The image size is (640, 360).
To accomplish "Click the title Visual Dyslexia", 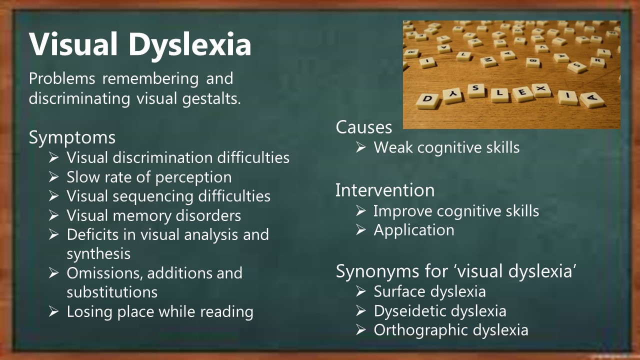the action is coord(140,45).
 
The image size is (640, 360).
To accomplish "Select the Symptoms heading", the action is coord(72,137).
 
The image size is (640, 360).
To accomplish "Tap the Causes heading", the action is coord(363,127).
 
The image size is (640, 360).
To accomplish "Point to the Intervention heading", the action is coord(385,190).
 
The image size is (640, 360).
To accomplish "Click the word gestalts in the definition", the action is coord(211,99).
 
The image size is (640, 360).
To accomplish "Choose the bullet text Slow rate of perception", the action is coord(149,177).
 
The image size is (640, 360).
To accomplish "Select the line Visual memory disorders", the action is coord(153,215).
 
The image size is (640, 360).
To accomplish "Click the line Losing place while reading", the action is coord(160,311).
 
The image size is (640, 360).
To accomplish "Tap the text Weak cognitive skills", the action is coord(446,147).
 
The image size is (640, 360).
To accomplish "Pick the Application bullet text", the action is coord(414,230).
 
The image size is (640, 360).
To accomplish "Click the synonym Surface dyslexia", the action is coord(429,291).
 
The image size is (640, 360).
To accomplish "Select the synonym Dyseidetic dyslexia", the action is coord(440,311).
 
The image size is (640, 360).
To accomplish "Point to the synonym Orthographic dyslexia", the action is coord(451,330).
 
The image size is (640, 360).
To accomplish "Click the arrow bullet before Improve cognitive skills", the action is coord(361,211).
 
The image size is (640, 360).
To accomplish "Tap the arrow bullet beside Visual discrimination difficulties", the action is coord(53,157).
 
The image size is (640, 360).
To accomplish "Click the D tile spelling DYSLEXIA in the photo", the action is coord(427,101).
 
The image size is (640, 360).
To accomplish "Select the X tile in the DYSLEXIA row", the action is coord(541,89).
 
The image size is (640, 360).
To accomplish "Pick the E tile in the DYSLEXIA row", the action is coord(522,93).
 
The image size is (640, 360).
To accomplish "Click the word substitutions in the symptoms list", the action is coord(112,292).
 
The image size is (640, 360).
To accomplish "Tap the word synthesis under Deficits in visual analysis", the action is coord(98,254).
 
